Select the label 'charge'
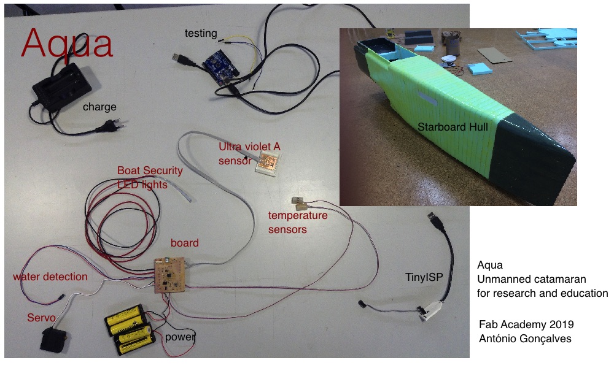(99, 107)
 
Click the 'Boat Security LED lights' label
(150, 177)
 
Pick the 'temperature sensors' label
(298, 223)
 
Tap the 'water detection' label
(50, 277)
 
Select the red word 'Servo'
(41, 318)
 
